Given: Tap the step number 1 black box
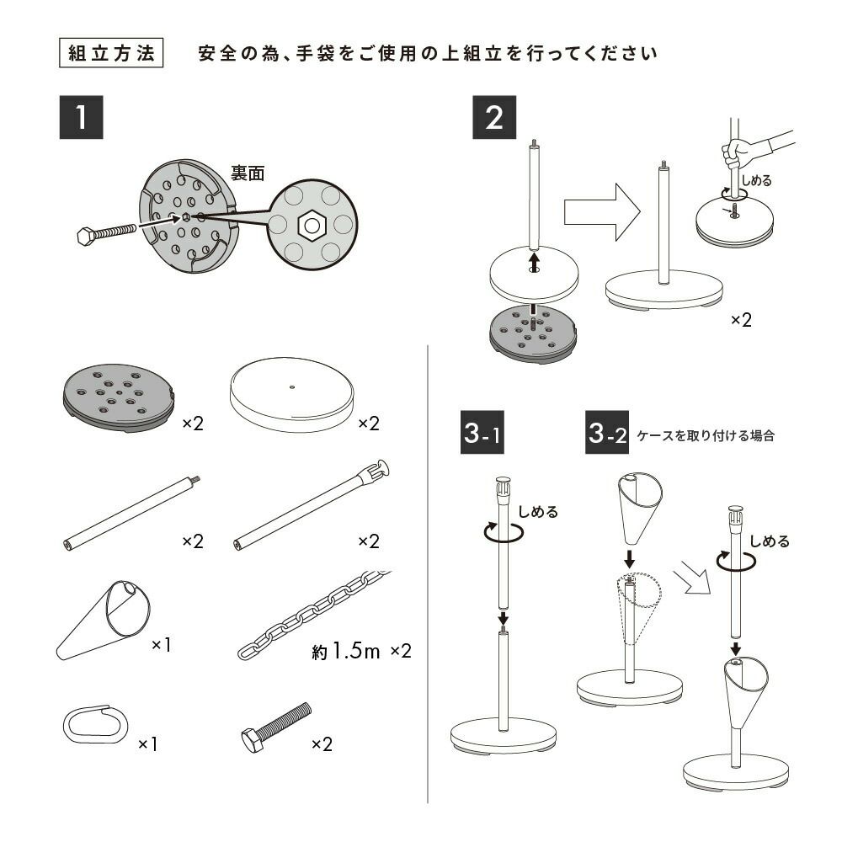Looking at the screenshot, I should tap(81, 118).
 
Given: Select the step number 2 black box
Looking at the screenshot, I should tap(494, 118).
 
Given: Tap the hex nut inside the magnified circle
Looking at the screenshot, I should tap(312, 224).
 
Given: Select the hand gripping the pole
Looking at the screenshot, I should tap(738, 153).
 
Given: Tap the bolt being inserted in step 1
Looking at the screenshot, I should tap(107, 232).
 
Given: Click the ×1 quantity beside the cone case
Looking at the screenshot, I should tap(161, 645).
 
